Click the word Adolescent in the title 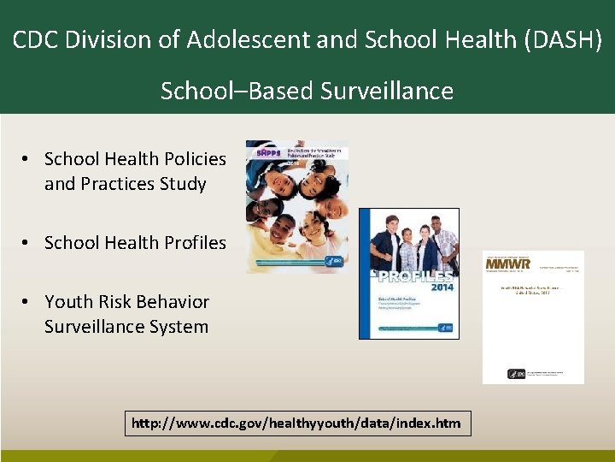tap(233, 39)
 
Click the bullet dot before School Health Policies tap(28, 159)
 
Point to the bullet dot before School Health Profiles tap(28, 243)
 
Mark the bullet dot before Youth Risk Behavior tap(28, 301)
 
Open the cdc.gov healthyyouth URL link tap(297, 423)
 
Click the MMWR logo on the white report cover tap(508, 264)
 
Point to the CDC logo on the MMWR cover tap(517, 374)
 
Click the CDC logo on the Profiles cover tap(444, 327)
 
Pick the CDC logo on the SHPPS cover tap(337, 262)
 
